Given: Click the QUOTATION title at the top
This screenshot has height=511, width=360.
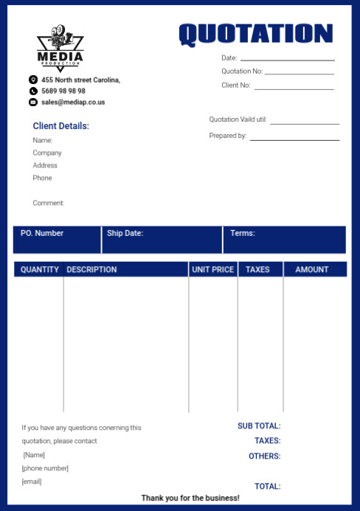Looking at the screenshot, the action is click(x=255, y=33).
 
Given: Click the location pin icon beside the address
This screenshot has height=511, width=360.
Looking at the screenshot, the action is click(x=33, y=80).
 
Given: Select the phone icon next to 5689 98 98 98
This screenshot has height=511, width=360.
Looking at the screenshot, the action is click(x=33, y=91).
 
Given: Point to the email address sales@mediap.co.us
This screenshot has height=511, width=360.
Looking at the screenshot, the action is click(x=73, y=102).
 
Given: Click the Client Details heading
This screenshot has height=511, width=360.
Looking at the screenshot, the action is click(x=60, y=126).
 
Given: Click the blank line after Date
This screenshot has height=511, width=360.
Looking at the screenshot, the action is click(x=287, y=59).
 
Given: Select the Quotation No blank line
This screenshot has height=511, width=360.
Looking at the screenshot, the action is click(x=299, y=73).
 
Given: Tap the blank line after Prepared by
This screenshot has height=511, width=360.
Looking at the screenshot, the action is click(x=294, y=139).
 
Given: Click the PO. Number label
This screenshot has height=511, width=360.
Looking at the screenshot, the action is click(x=42, y=233).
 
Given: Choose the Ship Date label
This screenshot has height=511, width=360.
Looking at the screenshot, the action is click(x=125, y=233).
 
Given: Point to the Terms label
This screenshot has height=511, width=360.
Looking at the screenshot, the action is click(x=243, y=233).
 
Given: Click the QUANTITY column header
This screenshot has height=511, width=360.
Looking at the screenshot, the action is click(x=40, y=269).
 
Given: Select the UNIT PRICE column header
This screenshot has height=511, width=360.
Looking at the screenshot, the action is click(x=212, y=269).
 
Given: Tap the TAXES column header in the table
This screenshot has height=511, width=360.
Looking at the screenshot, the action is click(x=257, y=269).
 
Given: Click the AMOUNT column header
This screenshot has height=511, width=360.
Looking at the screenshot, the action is click(x=312, y=269).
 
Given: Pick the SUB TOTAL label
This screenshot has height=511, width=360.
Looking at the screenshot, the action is click(x=259, y=425).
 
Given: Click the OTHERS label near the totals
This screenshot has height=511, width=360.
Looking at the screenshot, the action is click(x=264, y=456).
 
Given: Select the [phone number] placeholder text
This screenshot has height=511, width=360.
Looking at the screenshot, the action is click(x=45, y=468).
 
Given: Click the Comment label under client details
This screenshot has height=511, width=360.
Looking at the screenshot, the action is click(x=49, y=203).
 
